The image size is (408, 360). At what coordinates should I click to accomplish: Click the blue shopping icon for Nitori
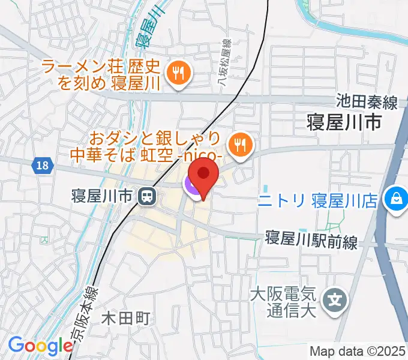(x=396, y=196)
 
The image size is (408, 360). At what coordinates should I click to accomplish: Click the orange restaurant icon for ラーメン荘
(x=178, y=73)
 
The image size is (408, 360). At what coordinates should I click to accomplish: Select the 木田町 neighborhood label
(x=125, y=317)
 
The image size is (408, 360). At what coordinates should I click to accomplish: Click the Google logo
(x=40, y=346)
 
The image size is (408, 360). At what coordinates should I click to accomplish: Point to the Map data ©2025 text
(x=358, y=351)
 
